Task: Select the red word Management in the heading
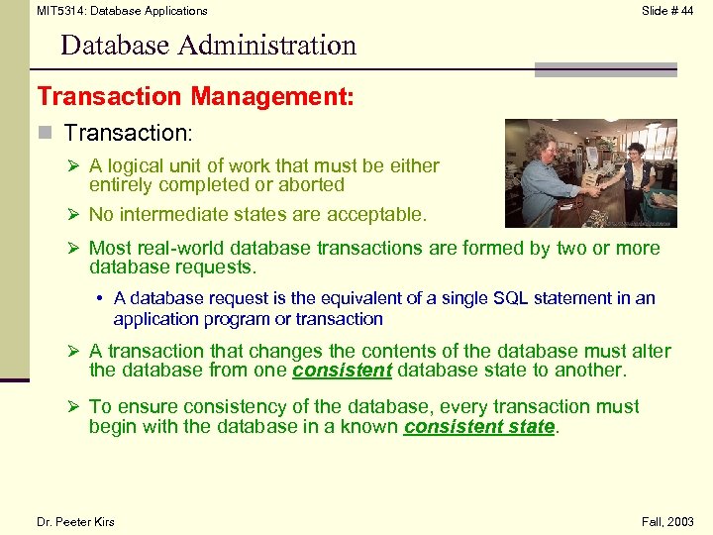coord(267,97)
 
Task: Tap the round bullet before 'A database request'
coord(102,298)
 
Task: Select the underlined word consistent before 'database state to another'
coord(343,371)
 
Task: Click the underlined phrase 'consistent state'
coord(479,427)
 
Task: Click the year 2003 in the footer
coord(679,522)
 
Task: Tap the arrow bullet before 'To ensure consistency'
coord(74,407)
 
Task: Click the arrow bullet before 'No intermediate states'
coord(74,215)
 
